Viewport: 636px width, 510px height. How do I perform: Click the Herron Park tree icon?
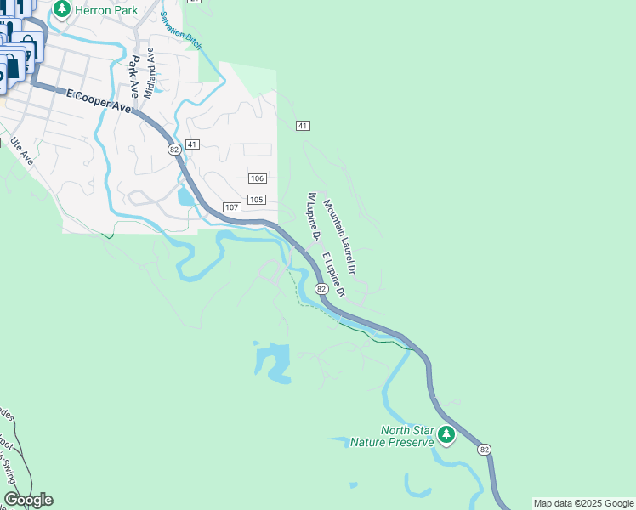pyautogui.click(x=61, y=9)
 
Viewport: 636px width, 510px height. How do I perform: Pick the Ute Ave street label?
pyautogui.click(x=21, y=150)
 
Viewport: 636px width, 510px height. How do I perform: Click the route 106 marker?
pyautogui.click(x=258, y=178)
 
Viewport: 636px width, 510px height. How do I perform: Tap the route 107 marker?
pyautogui.click(x=231, y=207)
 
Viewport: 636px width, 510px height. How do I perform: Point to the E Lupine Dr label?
pyautogui.click(x=332, y=274)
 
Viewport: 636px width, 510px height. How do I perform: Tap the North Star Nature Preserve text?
pyautogui.click(x=406, y=436)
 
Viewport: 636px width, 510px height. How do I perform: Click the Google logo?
pyautogui.click(x=28, y=500)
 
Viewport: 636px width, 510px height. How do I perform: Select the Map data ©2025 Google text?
pyautogui.click(x=584, y=503)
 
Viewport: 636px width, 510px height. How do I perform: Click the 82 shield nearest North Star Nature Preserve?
pyautogui.click(x=484, y=450)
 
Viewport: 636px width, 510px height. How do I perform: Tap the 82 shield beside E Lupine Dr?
pyautogui.click(x=322, y=289)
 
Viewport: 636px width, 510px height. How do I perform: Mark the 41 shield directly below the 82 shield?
pyautogui.click(x=192, y=144)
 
